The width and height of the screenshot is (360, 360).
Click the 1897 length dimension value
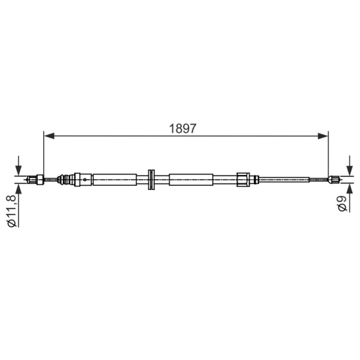[183, 129]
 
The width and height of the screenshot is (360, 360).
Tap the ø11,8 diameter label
[12, 211]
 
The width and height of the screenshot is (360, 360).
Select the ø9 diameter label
[342, 204]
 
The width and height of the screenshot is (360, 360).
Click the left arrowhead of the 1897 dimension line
[49, 136]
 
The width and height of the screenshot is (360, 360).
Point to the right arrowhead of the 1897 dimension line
[323, 136]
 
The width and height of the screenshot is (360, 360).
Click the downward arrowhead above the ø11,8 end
[18, 171]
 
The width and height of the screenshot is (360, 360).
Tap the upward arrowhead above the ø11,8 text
[18, 189]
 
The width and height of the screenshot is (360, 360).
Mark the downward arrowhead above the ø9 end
[350, 171]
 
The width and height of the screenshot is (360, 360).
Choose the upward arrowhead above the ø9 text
[350, 189]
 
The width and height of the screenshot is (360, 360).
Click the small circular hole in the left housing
[85, 180]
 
